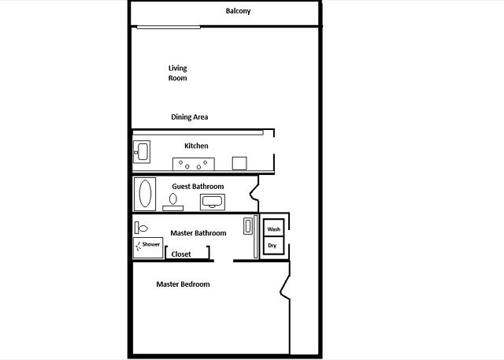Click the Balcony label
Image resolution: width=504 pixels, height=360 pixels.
(x=238, y=11)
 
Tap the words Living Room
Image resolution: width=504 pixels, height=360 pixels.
(x=177, y=73)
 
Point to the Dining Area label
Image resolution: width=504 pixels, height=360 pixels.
(x=189, y=117)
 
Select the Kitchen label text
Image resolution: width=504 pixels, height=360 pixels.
(x=196, y=146)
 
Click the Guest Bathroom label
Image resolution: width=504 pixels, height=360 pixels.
(x=198, y=187)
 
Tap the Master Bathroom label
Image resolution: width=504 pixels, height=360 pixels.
(x=198, y=233)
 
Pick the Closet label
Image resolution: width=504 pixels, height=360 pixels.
(x=181, y=254)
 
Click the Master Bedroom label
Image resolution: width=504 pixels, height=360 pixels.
(x=183, y=284)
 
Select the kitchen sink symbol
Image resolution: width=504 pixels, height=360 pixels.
(x=142, y=152)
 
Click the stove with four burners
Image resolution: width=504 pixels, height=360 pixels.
(x=194, y=164)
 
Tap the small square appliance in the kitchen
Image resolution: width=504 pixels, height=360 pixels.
(x=239, y=163)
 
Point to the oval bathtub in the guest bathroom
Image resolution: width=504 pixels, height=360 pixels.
(x=145, y=194)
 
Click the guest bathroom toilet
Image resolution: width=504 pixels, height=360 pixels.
(x=173, y=202)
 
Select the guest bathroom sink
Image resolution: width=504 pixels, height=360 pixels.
(x=213, y=202)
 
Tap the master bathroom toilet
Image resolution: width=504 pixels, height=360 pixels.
(x=141, y=228)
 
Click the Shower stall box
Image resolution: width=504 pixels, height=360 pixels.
(x=148, y=247)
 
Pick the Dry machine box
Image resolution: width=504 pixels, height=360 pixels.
(x=274, y=246)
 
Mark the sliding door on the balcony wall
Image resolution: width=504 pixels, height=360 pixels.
(x=169, y=28)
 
